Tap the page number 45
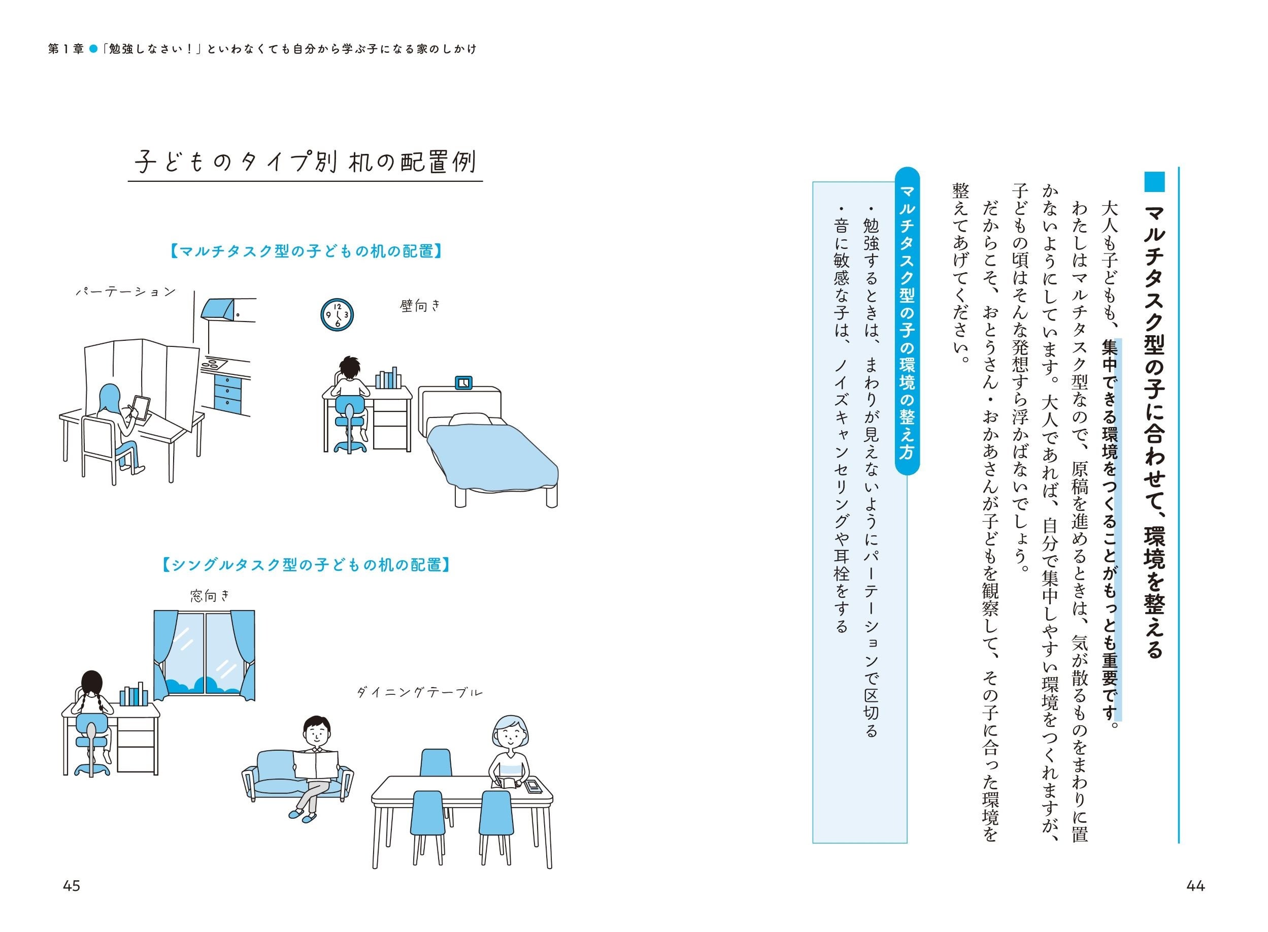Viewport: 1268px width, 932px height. pyautogui.click(x=72, y=886)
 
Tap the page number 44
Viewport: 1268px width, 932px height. pyautogui.click(x=1195, y=886)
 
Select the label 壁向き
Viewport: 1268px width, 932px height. pyautogui.click(x=420, y=306)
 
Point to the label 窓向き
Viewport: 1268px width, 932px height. pyautogui.click(x=210, y=596)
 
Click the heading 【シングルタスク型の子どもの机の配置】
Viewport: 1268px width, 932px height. pyautogui.click(x=306, y=565)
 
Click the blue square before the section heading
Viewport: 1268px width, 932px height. pyautogui.click(x=1154, y=182)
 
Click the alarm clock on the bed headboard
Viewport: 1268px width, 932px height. pyautogui.click(x=463, y=382)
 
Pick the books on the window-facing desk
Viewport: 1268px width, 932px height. pyautogui.click(x=134, y=696)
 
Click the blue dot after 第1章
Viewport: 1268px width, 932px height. pyautogui.click(x=94, y=49)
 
